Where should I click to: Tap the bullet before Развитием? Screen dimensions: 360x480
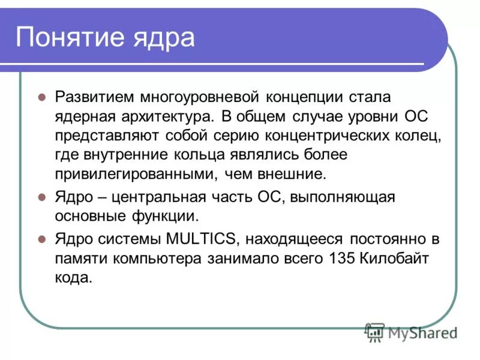(42, 97)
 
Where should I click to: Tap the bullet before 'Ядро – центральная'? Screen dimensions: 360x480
(42, 197)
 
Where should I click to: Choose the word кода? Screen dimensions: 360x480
(74, 278)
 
